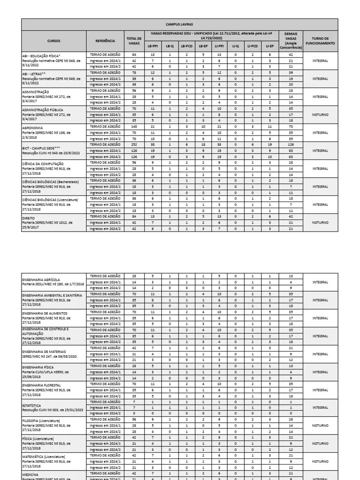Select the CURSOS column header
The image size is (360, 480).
point(53,41)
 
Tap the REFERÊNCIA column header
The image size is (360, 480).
point(105,41)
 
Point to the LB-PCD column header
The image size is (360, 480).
point(187,46)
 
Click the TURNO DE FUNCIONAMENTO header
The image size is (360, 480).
point(320,41)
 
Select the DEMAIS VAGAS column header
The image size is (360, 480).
point(291,41)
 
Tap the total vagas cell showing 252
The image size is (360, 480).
point(134,145)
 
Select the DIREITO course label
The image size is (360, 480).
point(29,217)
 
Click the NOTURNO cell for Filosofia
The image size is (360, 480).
point(320,426)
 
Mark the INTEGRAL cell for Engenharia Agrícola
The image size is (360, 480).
point(320,282)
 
